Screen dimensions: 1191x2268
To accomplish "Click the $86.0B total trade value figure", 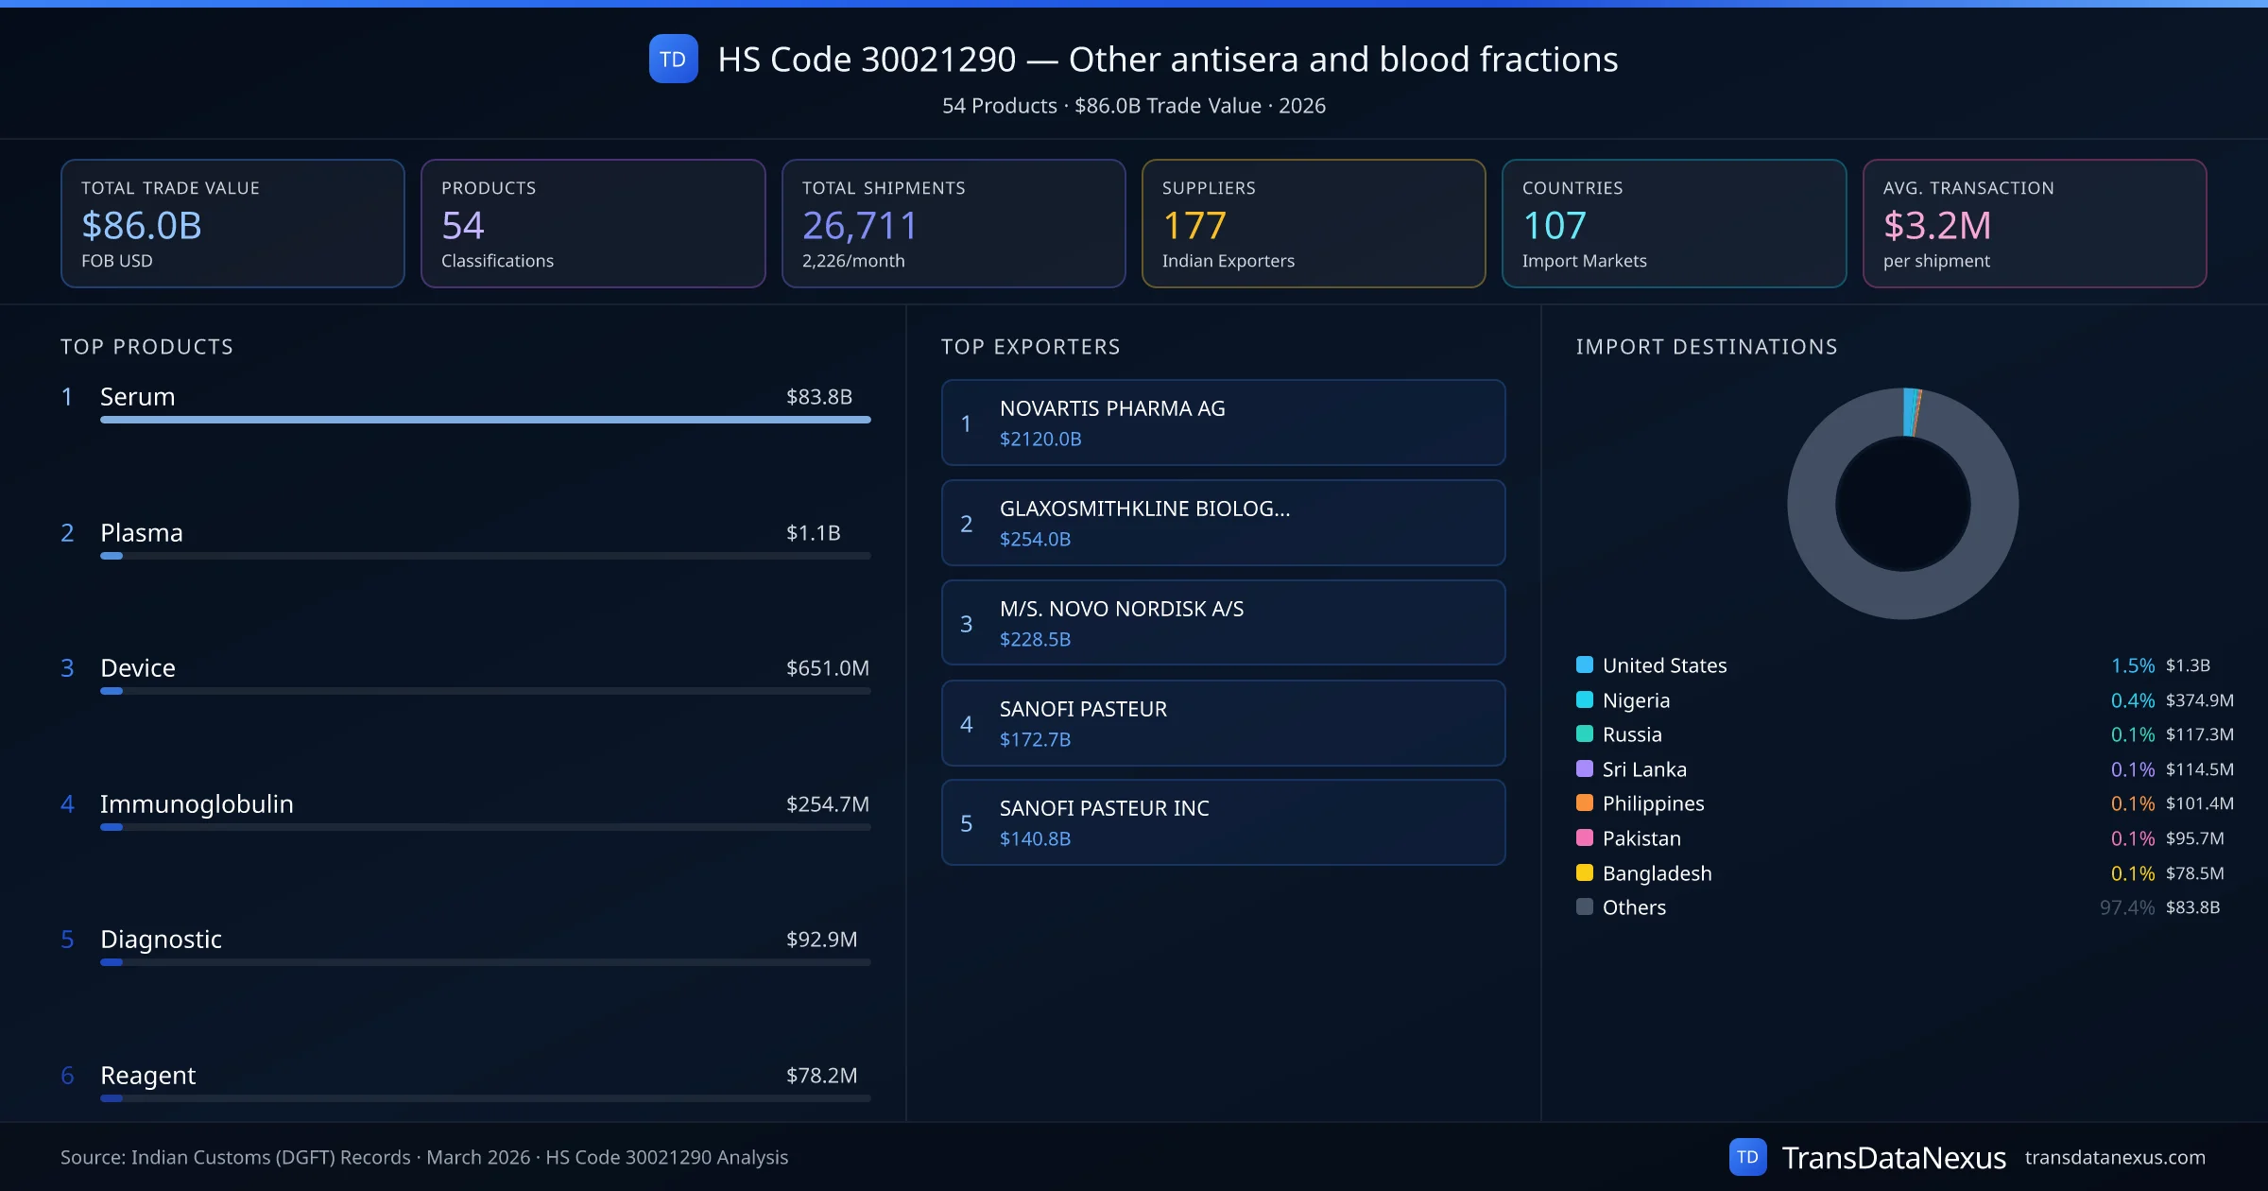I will point(142,226).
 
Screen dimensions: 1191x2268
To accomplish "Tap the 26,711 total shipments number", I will point(859,226).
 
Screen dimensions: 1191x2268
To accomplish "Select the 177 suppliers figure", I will point(1194,226).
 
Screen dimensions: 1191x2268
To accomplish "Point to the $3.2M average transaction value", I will point(1936,226).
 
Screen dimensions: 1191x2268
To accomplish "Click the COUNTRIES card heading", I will point(1572,188).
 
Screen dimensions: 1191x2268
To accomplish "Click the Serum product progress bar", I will point(485,420).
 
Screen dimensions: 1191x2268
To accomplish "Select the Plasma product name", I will point(142,533).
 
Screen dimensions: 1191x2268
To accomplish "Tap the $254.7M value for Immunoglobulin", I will point(827,804).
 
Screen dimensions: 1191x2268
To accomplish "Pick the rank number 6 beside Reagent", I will point(67,1076).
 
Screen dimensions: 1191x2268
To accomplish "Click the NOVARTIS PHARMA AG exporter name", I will point(1112,408).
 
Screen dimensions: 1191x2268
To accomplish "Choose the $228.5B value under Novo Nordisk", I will point(1035,640).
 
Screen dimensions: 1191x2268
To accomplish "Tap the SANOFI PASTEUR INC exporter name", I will point(1104,808).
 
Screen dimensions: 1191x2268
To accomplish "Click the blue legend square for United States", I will point(1585,665).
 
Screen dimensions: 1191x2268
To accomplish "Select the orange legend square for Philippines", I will point(1585,803).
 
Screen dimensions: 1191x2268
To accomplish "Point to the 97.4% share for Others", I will point(2126,907).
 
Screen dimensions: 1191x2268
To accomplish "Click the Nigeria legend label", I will point(1636,700).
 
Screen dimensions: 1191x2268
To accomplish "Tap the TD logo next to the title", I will point(673,60).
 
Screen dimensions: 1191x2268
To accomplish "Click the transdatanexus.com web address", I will point(2114,1158).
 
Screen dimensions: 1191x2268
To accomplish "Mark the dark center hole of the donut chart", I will point(1902,505).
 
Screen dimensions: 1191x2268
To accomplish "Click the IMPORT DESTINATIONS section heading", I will point(1706,347).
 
